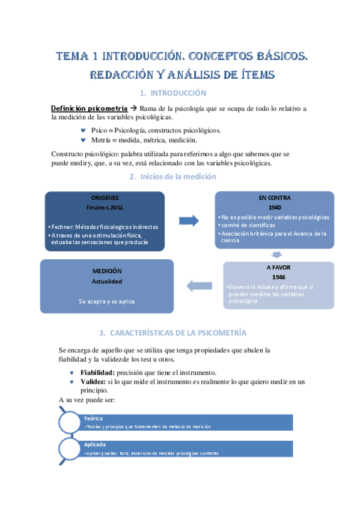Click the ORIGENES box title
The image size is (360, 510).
point(105,198)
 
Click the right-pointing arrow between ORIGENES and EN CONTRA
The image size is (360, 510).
point(190,221)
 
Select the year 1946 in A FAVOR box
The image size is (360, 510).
point(278,277)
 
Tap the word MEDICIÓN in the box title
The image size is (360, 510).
point(107,271)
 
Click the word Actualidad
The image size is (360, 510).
point(107,281)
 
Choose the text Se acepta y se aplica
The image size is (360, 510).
point(107,301)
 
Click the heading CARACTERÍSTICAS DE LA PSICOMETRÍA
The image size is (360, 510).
point(172,333)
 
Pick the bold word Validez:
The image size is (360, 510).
point(94,381)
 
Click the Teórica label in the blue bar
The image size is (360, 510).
point(94,418)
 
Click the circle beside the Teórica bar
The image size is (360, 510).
point(71,422)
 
